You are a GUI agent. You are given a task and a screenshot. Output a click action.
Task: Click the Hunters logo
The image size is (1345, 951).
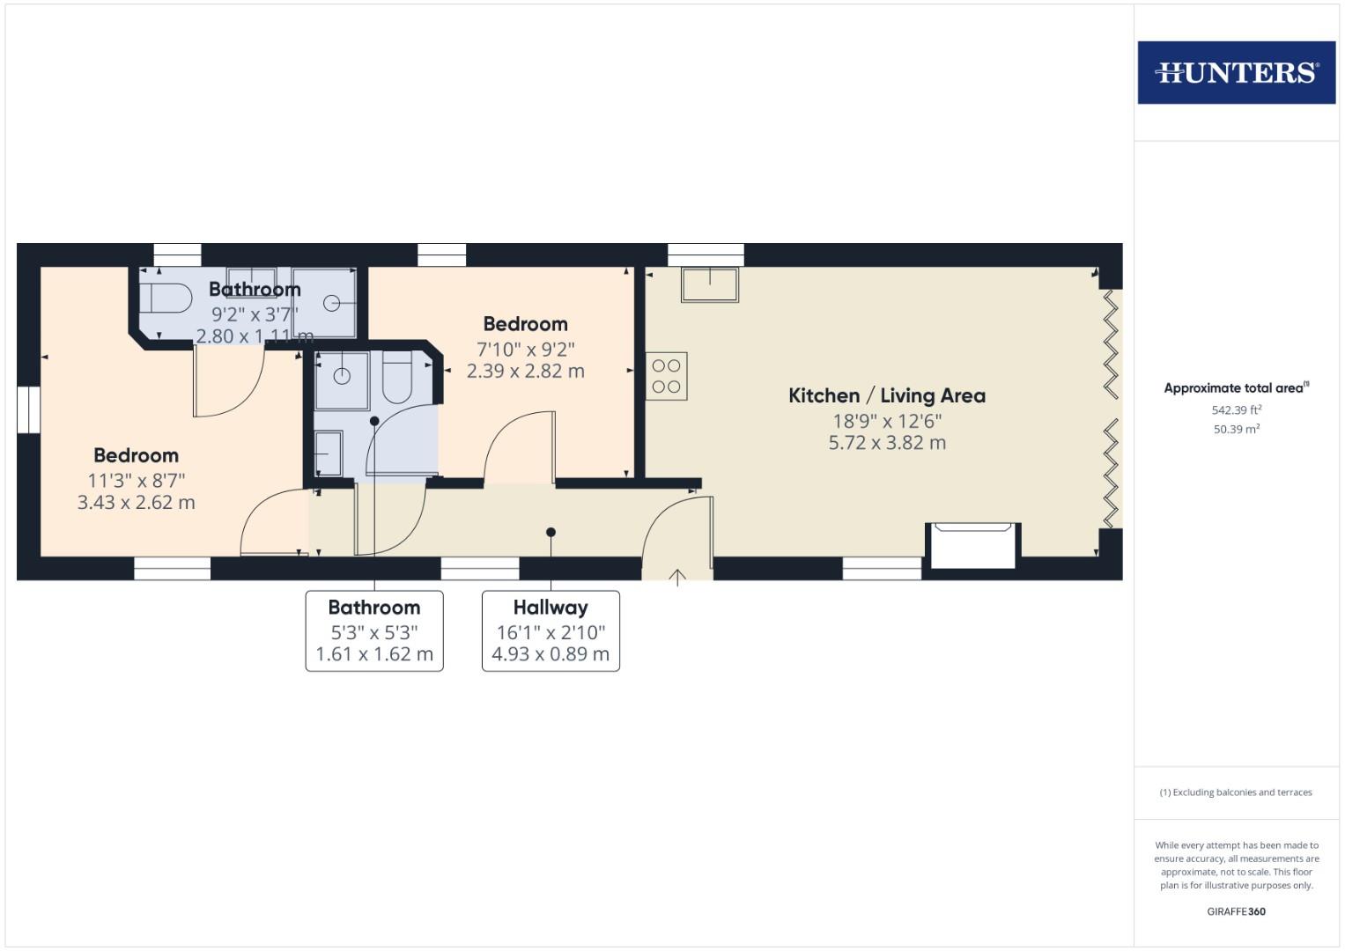click(x=1236, y=72)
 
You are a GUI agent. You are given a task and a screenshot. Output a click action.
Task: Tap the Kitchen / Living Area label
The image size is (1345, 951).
click(x=886, y=395)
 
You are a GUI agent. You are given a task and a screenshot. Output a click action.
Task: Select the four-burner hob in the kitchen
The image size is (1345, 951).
click(x=666, y=376)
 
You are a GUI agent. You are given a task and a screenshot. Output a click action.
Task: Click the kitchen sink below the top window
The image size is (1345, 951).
click(x=709, y=284)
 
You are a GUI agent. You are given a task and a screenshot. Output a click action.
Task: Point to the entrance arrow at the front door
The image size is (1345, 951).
click(x=677, y=578)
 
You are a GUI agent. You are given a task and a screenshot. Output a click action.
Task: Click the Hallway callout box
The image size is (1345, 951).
click(x=551, y=630)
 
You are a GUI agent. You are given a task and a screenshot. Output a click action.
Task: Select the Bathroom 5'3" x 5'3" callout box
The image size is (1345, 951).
click(x=374, y=630)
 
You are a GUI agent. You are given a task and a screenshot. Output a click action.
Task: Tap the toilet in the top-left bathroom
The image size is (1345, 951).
click(x=166, y=299)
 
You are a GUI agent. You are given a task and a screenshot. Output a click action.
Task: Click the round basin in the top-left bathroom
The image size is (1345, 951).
click(x=332, y=303)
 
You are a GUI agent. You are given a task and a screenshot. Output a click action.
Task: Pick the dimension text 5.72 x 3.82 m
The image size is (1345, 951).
click(x=886, y=443)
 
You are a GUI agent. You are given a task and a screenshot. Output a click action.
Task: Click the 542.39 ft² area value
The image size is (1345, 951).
click(x=1236, y=409)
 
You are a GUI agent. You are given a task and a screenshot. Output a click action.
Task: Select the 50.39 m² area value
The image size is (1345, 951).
click(x=1236, y=430)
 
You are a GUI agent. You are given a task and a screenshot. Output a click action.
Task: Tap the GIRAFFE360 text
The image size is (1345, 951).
click(x=1236, y=911)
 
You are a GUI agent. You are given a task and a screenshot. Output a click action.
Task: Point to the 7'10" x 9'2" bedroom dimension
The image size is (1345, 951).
click(x=525, y=349)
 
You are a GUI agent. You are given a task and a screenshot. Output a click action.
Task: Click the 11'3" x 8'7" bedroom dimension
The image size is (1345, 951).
click(x=136, y=481)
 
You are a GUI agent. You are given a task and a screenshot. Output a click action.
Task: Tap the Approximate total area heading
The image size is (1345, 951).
click(x=1236, y=388)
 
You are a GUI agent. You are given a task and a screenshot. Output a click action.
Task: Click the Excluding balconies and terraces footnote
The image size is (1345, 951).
click(x=1236, y=792)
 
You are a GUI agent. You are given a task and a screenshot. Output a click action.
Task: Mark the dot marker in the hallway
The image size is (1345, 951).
click(x=551, y=532)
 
